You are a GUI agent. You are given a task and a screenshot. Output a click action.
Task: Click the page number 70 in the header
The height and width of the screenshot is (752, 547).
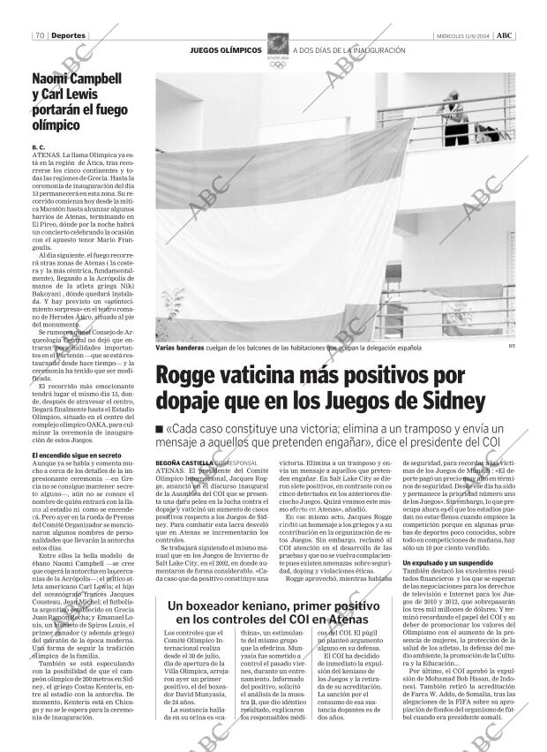click(40, 35)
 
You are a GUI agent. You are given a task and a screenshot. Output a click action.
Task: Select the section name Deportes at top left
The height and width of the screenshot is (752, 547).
click(68, 35)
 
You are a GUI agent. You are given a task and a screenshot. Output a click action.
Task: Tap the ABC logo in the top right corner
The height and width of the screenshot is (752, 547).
click(504, 35)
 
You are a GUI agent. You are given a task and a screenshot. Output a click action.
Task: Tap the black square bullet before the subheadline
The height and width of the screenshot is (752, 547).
click(159, 430)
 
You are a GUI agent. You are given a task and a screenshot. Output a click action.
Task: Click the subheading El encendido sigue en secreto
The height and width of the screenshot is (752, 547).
click(76, 455)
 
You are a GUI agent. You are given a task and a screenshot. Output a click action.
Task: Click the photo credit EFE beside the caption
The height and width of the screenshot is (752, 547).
click(511, 348)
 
